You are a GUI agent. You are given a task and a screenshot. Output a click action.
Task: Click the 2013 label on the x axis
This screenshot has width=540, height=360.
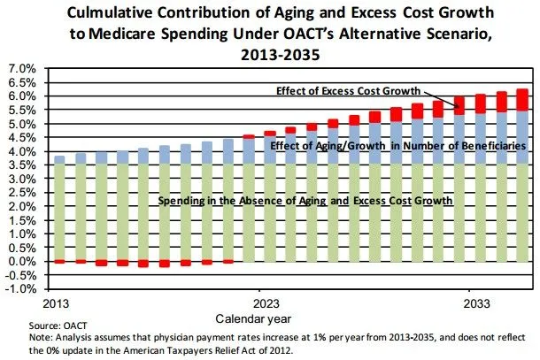click(58, 301)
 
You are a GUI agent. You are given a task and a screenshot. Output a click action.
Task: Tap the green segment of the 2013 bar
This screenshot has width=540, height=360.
click(59, 212)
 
